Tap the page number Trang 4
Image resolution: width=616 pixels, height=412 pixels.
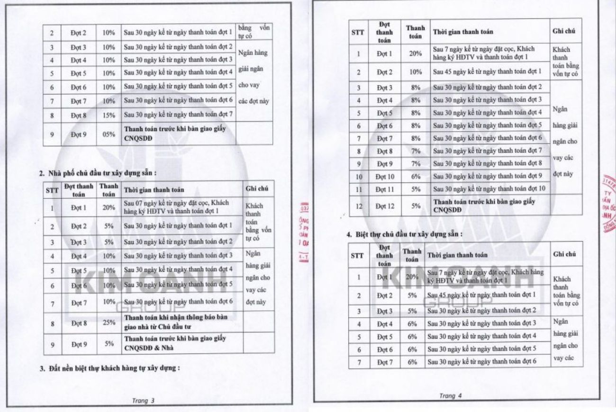[450, 395]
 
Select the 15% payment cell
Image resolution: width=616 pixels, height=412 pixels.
[109, 114]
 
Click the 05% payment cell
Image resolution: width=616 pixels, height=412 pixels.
[109, 134]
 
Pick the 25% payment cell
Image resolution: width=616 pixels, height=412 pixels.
[109, 324]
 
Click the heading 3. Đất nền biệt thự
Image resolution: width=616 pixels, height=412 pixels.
[109, 367]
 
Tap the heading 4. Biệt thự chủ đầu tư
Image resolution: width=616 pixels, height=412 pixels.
[403, 234]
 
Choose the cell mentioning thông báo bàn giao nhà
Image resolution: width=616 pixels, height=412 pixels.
[183, 320]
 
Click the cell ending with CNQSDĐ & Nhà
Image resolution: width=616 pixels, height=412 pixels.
[183, 344]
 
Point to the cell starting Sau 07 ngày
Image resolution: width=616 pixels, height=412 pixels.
[183, 206]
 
